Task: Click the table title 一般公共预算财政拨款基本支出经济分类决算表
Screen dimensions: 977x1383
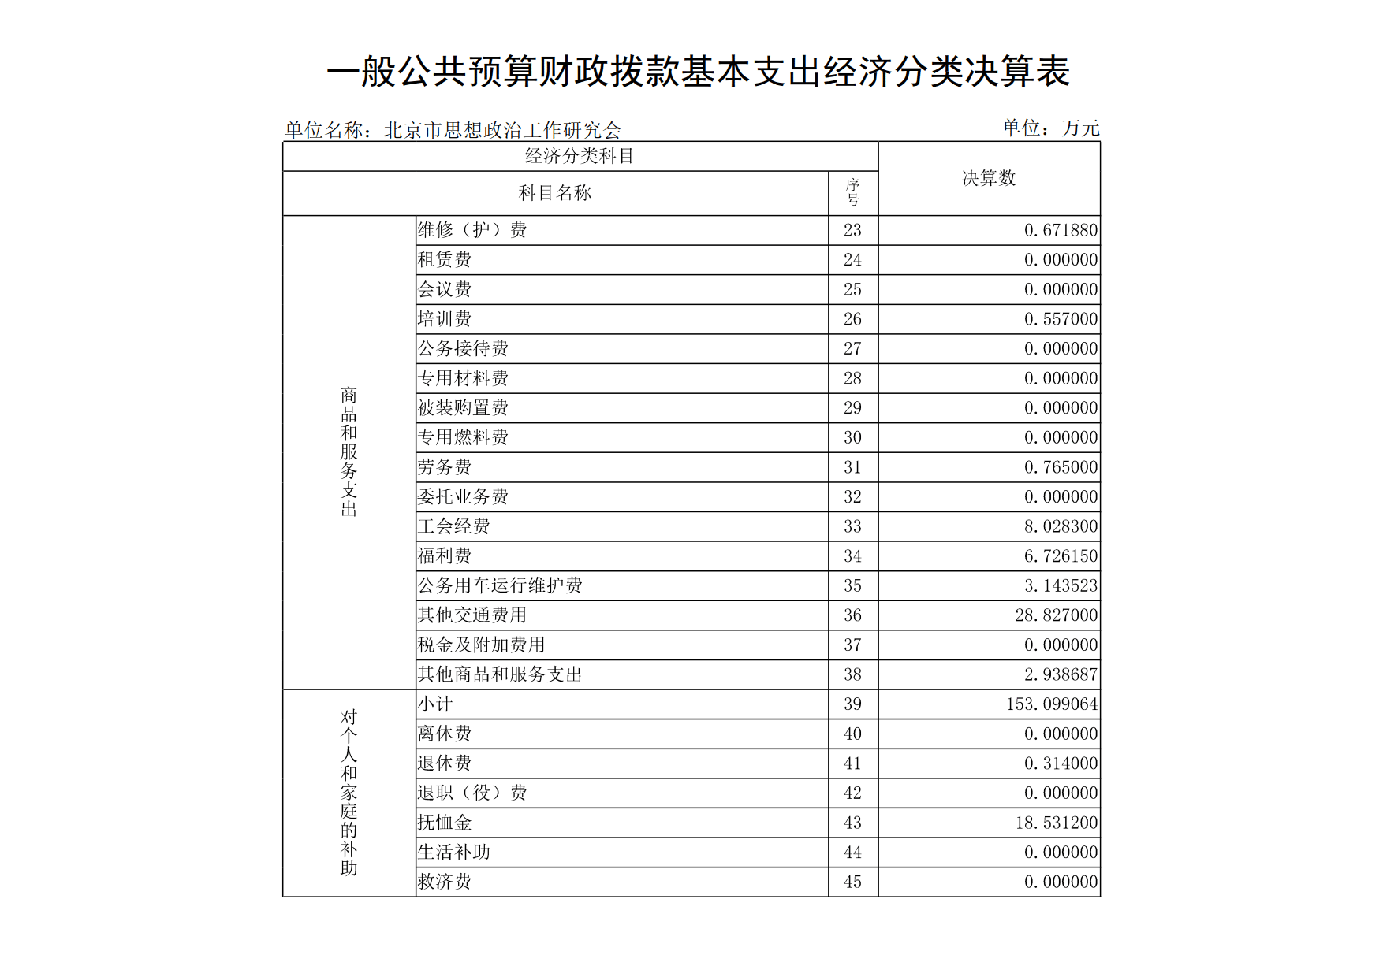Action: (x=698, y=72)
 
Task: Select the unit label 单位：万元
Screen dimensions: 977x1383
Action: (x=1050, y=128)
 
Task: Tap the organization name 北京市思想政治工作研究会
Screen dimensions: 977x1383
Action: (x=502, y=130)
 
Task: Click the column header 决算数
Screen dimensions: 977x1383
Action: (x=989, y=178)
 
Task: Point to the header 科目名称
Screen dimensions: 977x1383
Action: (x=554, y=193)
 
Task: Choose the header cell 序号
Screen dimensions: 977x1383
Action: (x=852, y=193)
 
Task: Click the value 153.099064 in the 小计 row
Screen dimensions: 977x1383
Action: (x=1052, y=704)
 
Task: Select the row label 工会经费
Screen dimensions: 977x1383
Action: (x=454, y=526)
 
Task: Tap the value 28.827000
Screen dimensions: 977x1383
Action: (x=1056, y=615)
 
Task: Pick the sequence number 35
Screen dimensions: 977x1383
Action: (x=852, y=585)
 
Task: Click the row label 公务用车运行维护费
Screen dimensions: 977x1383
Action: (x=500, y=585)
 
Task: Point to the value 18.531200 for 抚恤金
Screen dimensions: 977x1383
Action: (x=1056, y=823)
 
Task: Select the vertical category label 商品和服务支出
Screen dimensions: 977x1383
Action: (x=349, y=451)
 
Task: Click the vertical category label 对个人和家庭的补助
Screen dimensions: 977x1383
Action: (x=349, y=792)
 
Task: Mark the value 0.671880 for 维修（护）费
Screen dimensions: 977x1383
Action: (x=1061, y=230)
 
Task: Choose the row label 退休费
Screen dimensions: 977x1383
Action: (x=445, y=763)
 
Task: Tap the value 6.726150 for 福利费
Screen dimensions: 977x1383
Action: (x=1061, y=556)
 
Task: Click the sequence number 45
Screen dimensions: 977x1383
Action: (x=852, y=882)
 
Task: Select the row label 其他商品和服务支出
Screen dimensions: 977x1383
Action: (x=500, y=674)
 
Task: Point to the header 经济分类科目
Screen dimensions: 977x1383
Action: (x=580, y=156)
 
